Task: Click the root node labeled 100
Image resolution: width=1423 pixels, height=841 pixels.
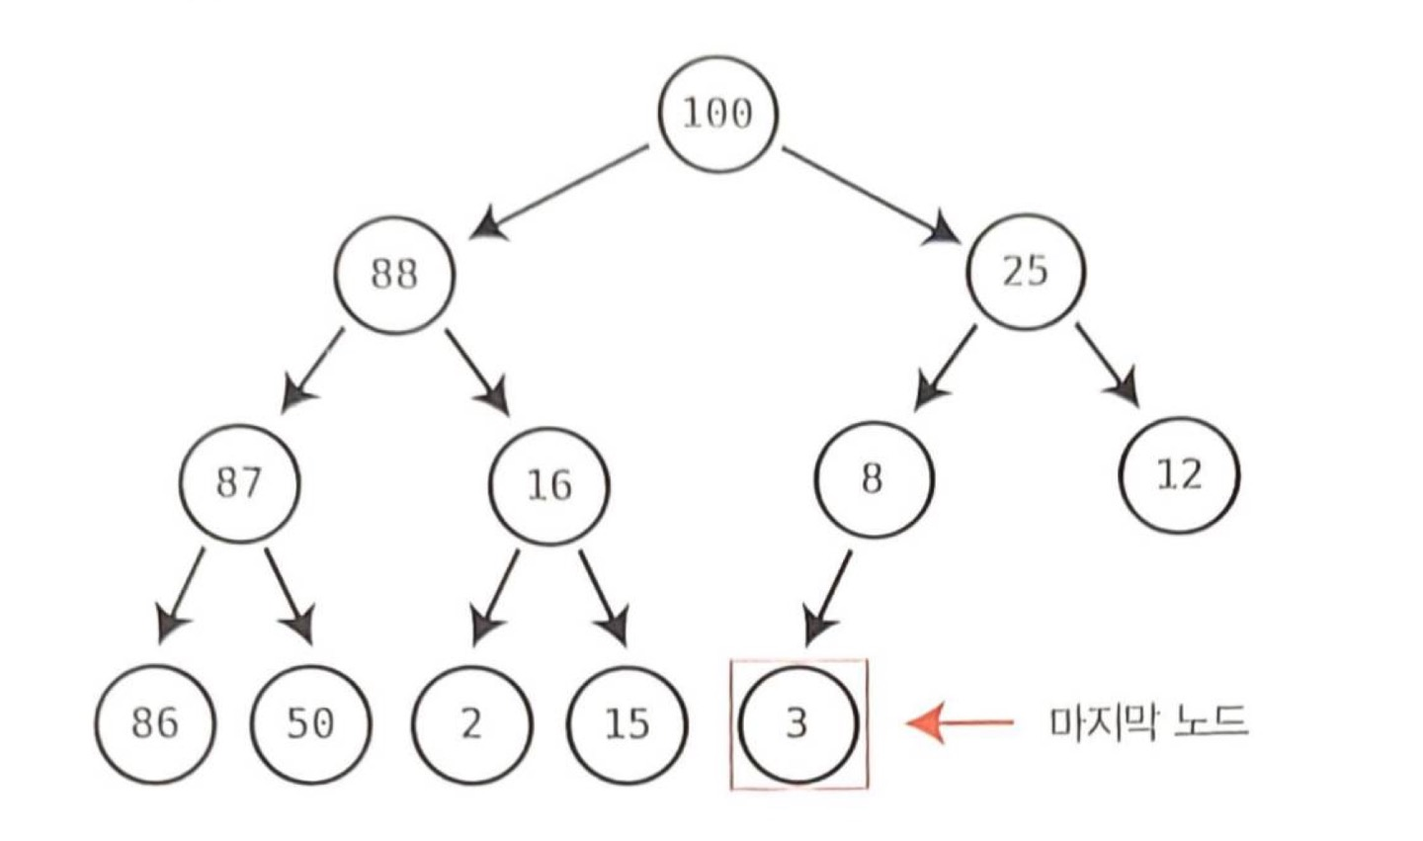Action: [718, 113]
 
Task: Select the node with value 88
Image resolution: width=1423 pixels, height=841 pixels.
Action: [394, 273]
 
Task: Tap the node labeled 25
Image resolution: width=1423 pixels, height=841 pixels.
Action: [1025, 269]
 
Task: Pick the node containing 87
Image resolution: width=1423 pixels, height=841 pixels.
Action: [239, 483]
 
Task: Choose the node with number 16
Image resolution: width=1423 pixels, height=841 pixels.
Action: [549, 484]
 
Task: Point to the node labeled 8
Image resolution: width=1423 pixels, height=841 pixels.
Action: [873, 478]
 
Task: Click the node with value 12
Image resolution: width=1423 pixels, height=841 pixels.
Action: [1179, 475]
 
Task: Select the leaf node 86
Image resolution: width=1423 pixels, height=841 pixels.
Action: [155, 722]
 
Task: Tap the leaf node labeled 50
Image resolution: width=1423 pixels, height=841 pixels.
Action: [310, 722]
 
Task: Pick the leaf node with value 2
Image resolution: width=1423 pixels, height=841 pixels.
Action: [471, 722]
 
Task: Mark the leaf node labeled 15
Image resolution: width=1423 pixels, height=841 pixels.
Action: [628, 722]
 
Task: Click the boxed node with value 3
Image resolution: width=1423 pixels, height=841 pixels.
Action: [798, 723]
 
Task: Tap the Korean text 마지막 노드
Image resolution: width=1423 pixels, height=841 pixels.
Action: [1148, 722]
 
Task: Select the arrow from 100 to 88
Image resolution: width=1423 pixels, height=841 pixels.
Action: [560, 192]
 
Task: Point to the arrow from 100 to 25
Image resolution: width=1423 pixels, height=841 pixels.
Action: [871, 194]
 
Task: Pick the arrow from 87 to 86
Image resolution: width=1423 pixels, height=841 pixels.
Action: [183, 593]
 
